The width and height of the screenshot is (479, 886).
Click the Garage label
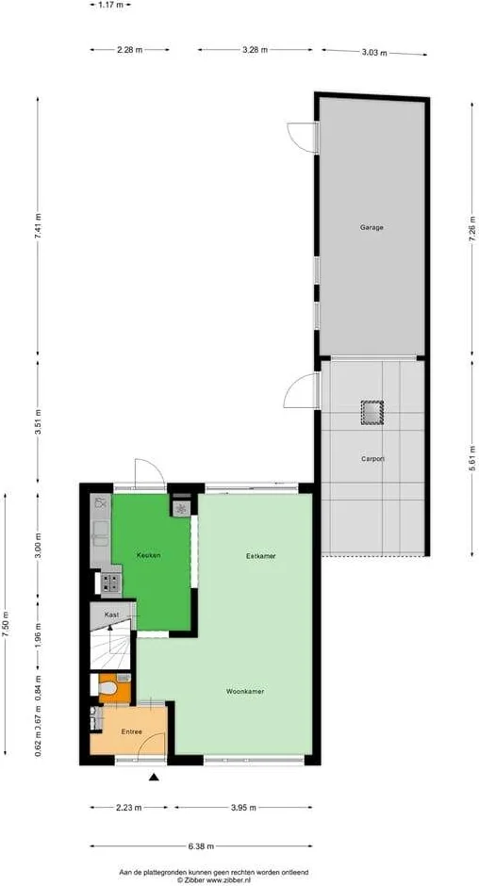click(x=372, y=227)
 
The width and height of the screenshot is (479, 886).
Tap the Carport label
click(x=372, y=459)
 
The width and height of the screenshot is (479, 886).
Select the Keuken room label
click(x=148, y=555)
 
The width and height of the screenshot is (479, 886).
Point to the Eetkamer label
click(x=261, y=556)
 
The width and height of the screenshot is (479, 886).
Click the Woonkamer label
click(x=244, y=691)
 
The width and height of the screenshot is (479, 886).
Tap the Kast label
click(x=111, y=615)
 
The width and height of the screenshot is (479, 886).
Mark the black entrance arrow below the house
click(x=154, y=777)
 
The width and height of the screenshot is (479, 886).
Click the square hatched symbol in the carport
click(x=372, y=412)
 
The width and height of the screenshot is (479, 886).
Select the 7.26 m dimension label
click(x=471, y=227)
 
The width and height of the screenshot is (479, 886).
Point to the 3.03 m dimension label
click(x=374, y=53)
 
